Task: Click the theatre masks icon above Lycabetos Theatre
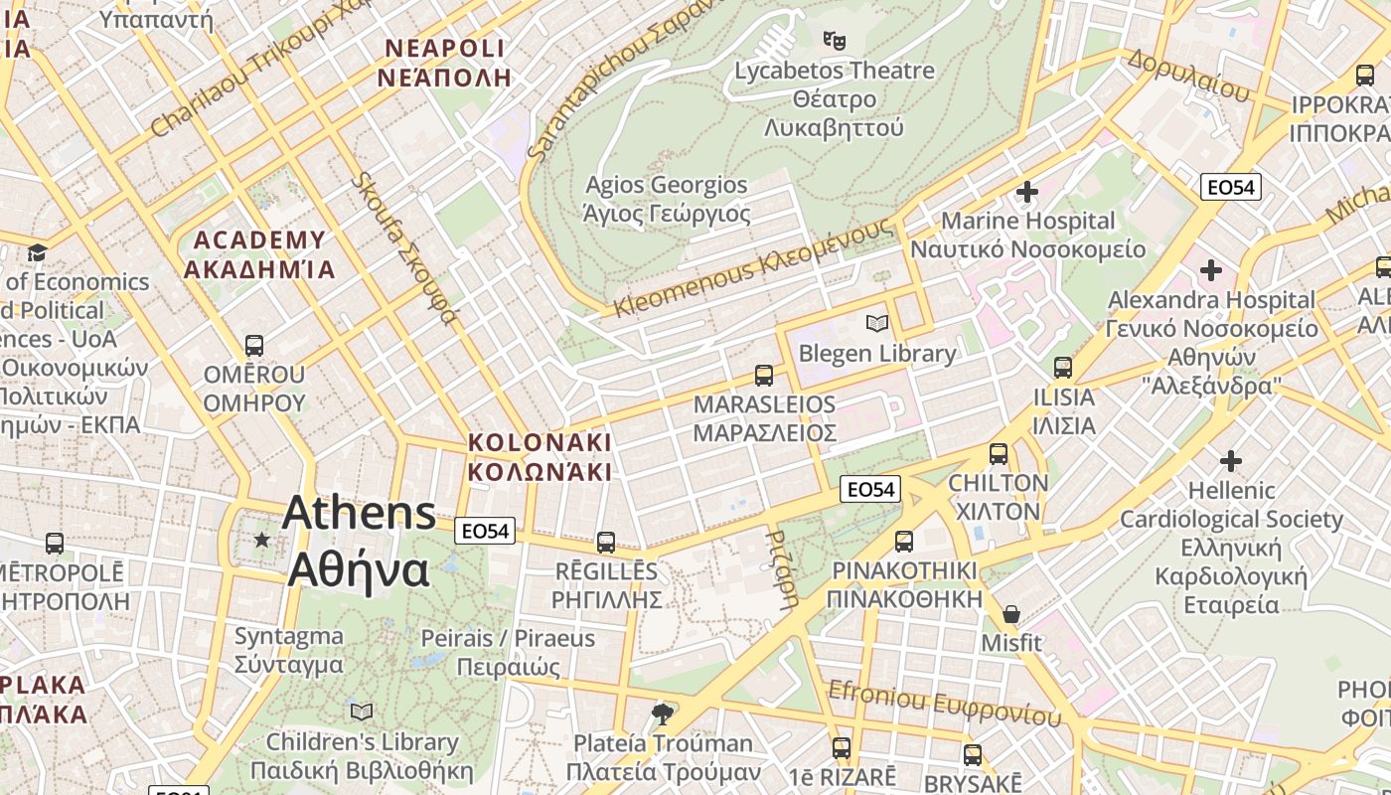pos(835,41)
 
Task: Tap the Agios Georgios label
pos(666,199)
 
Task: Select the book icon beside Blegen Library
pos(876,323)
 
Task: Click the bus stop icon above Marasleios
pos(763,376)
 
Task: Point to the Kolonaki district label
pos(540,456)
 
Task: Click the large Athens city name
pos(359,542)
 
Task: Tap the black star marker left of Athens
pos(261,540)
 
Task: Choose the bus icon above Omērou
pos(254,346)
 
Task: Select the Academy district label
pos(259,254)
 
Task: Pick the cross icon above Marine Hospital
pos(1027,191)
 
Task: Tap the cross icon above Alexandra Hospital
pos(1210,269)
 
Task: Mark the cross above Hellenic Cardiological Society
pos(1231,460)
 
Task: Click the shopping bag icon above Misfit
pos(1011,614)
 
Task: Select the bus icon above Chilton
pos(999,454)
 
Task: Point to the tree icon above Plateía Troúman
pos(661,713)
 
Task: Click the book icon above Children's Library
pos(362,712)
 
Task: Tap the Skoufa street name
pos(406,248)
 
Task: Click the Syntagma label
pos(289,650)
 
